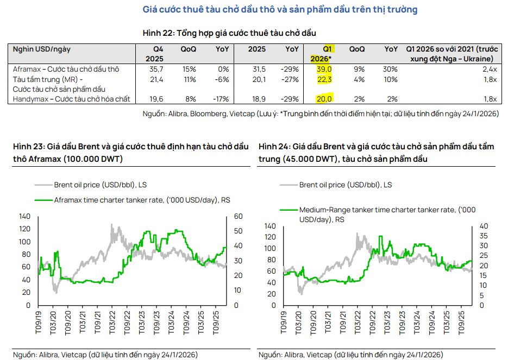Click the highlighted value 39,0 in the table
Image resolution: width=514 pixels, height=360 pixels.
tap(324, 70)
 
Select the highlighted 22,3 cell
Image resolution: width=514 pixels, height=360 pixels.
tap(324, 79)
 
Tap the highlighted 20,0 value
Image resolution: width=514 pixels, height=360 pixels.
tap(324, 99)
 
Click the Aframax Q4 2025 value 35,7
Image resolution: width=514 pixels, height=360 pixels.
tap(157, 70)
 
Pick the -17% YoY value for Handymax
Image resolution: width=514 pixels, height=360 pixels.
tap(222, 99)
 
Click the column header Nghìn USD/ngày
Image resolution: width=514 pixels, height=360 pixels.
tap(42, 49)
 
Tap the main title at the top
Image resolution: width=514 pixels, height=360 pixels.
tap(280, 10)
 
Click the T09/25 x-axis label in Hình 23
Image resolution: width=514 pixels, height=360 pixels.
tap(216, 323)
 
